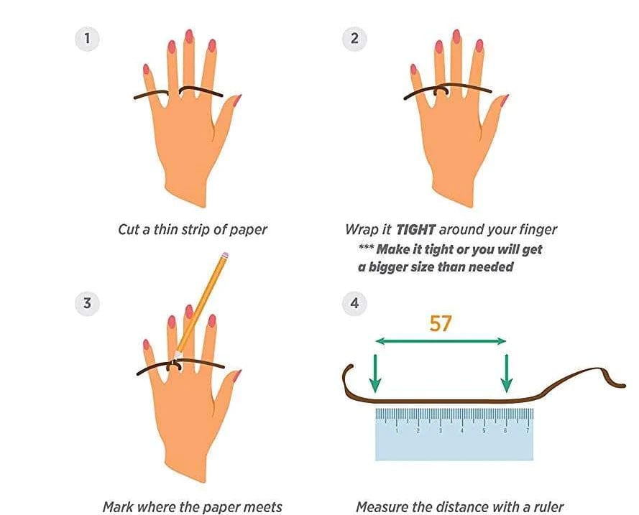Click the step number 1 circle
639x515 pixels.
(x=88, y=38)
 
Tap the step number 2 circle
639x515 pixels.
(x=354, y=38)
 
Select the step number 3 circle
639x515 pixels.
(x=88, y=303)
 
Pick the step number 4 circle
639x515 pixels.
(x=354, y=303)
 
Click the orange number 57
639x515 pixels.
(x=441, y=323)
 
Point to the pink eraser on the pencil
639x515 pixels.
(x=225, y=256)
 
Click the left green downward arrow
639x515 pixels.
(x=375, y=372)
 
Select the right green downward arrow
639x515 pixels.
(x=507, y=372)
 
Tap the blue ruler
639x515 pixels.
(x=454, y=434)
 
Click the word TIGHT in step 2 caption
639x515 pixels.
(x=415, y=230)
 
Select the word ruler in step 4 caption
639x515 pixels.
(x=546, y=507)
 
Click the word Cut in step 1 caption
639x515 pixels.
(x=128, y=230)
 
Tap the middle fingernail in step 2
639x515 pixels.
(x=456, y=37)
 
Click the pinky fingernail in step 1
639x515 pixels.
(x=146, y=70)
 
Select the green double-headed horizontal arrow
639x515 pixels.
(x=441, y=342)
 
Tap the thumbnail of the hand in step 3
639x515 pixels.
(x=236, y=375)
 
